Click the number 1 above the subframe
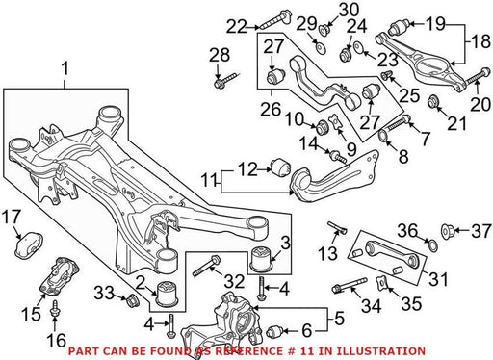pos(65,69)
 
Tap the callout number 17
pos(12,217)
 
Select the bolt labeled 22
pos(275,19)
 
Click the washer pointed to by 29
pos(320,48)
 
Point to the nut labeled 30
pos(323,29)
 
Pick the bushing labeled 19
pos(399,27)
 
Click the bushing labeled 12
pos(281,167)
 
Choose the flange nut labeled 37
pos(448,231)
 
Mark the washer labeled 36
pos(432,245)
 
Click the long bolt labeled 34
pos(350,285)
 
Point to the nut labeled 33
pos(132,299)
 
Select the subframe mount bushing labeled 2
pos(168,293)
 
